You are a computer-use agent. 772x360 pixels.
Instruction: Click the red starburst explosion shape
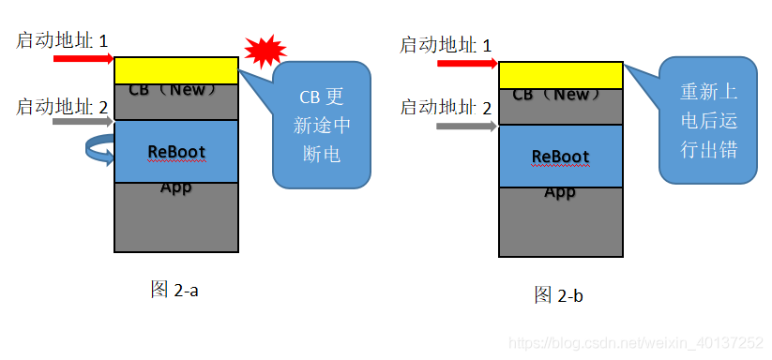pos(264,51)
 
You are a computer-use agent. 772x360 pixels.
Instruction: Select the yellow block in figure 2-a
pos(176,70)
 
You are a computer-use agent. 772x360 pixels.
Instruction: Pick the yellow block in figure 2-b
pos(561,75)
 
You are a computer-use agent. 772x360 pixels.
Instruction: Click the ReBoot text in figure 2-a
pos(176,151)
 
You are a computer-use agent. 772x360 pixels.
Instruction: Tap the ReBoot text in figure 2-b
pos(560,156)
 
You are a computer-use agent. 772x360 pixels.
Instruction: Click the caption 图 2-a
pos(174,290)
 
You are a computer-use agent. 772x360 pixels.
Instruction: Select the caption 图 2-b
pos(559,295)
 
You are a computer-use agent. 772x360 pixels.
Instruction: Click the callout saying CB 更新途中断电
pos(320,125)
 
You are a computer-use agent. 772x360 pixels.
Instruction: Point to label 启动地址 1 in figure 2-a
pos(62,40)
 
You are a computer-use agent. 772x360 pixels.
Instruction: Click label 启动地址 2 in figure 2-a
pos(62,106)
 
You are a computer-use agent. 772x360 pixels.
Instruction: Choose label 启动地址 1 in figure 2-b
pos(446,45)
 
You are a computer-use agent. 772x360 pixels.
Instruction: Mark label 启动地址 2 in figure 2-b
pos(446,107)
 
